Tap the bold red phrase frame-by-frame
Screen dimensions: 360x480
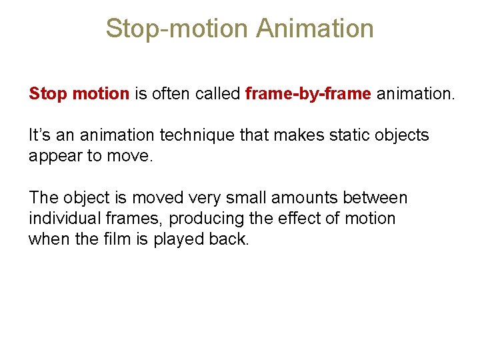[308, 94]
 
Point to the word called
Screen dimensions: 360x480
[217, 94]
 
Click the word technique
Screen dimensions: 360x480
[193, 135]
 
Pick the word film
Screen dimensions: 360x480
[123, 239]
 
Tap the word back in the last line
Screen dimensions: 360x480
[230, 239]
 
